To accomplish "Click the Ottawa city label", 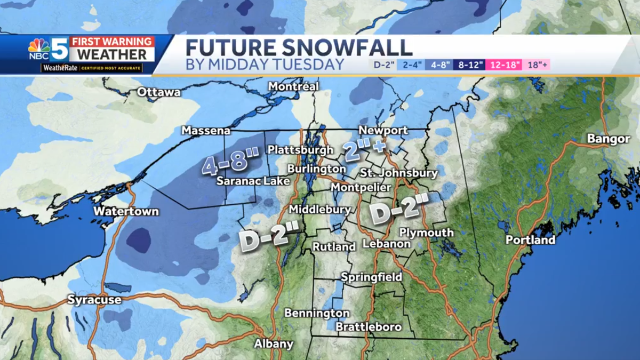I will [158, 92].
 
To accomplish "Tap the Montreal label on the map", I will [293, 86].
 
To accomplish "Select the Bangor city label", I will [609, 139].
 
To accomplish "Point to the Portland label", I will [530, 240].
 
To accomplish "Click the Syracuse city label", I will [94, 300].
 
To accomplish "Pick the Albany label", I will [274, 343].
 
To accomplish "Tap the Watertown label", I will [126, 211].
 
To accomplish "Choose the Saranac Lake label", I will [253, 181].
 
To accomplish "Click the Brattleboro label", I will [369, 326].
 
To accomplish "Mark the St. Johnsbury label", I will [398, 173].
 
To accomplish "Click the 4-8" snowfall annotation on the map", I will [230, 162].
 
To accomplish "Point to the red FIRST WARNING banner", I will [113, 42].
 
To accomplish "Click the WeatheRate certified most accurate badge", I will [92, 68].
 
